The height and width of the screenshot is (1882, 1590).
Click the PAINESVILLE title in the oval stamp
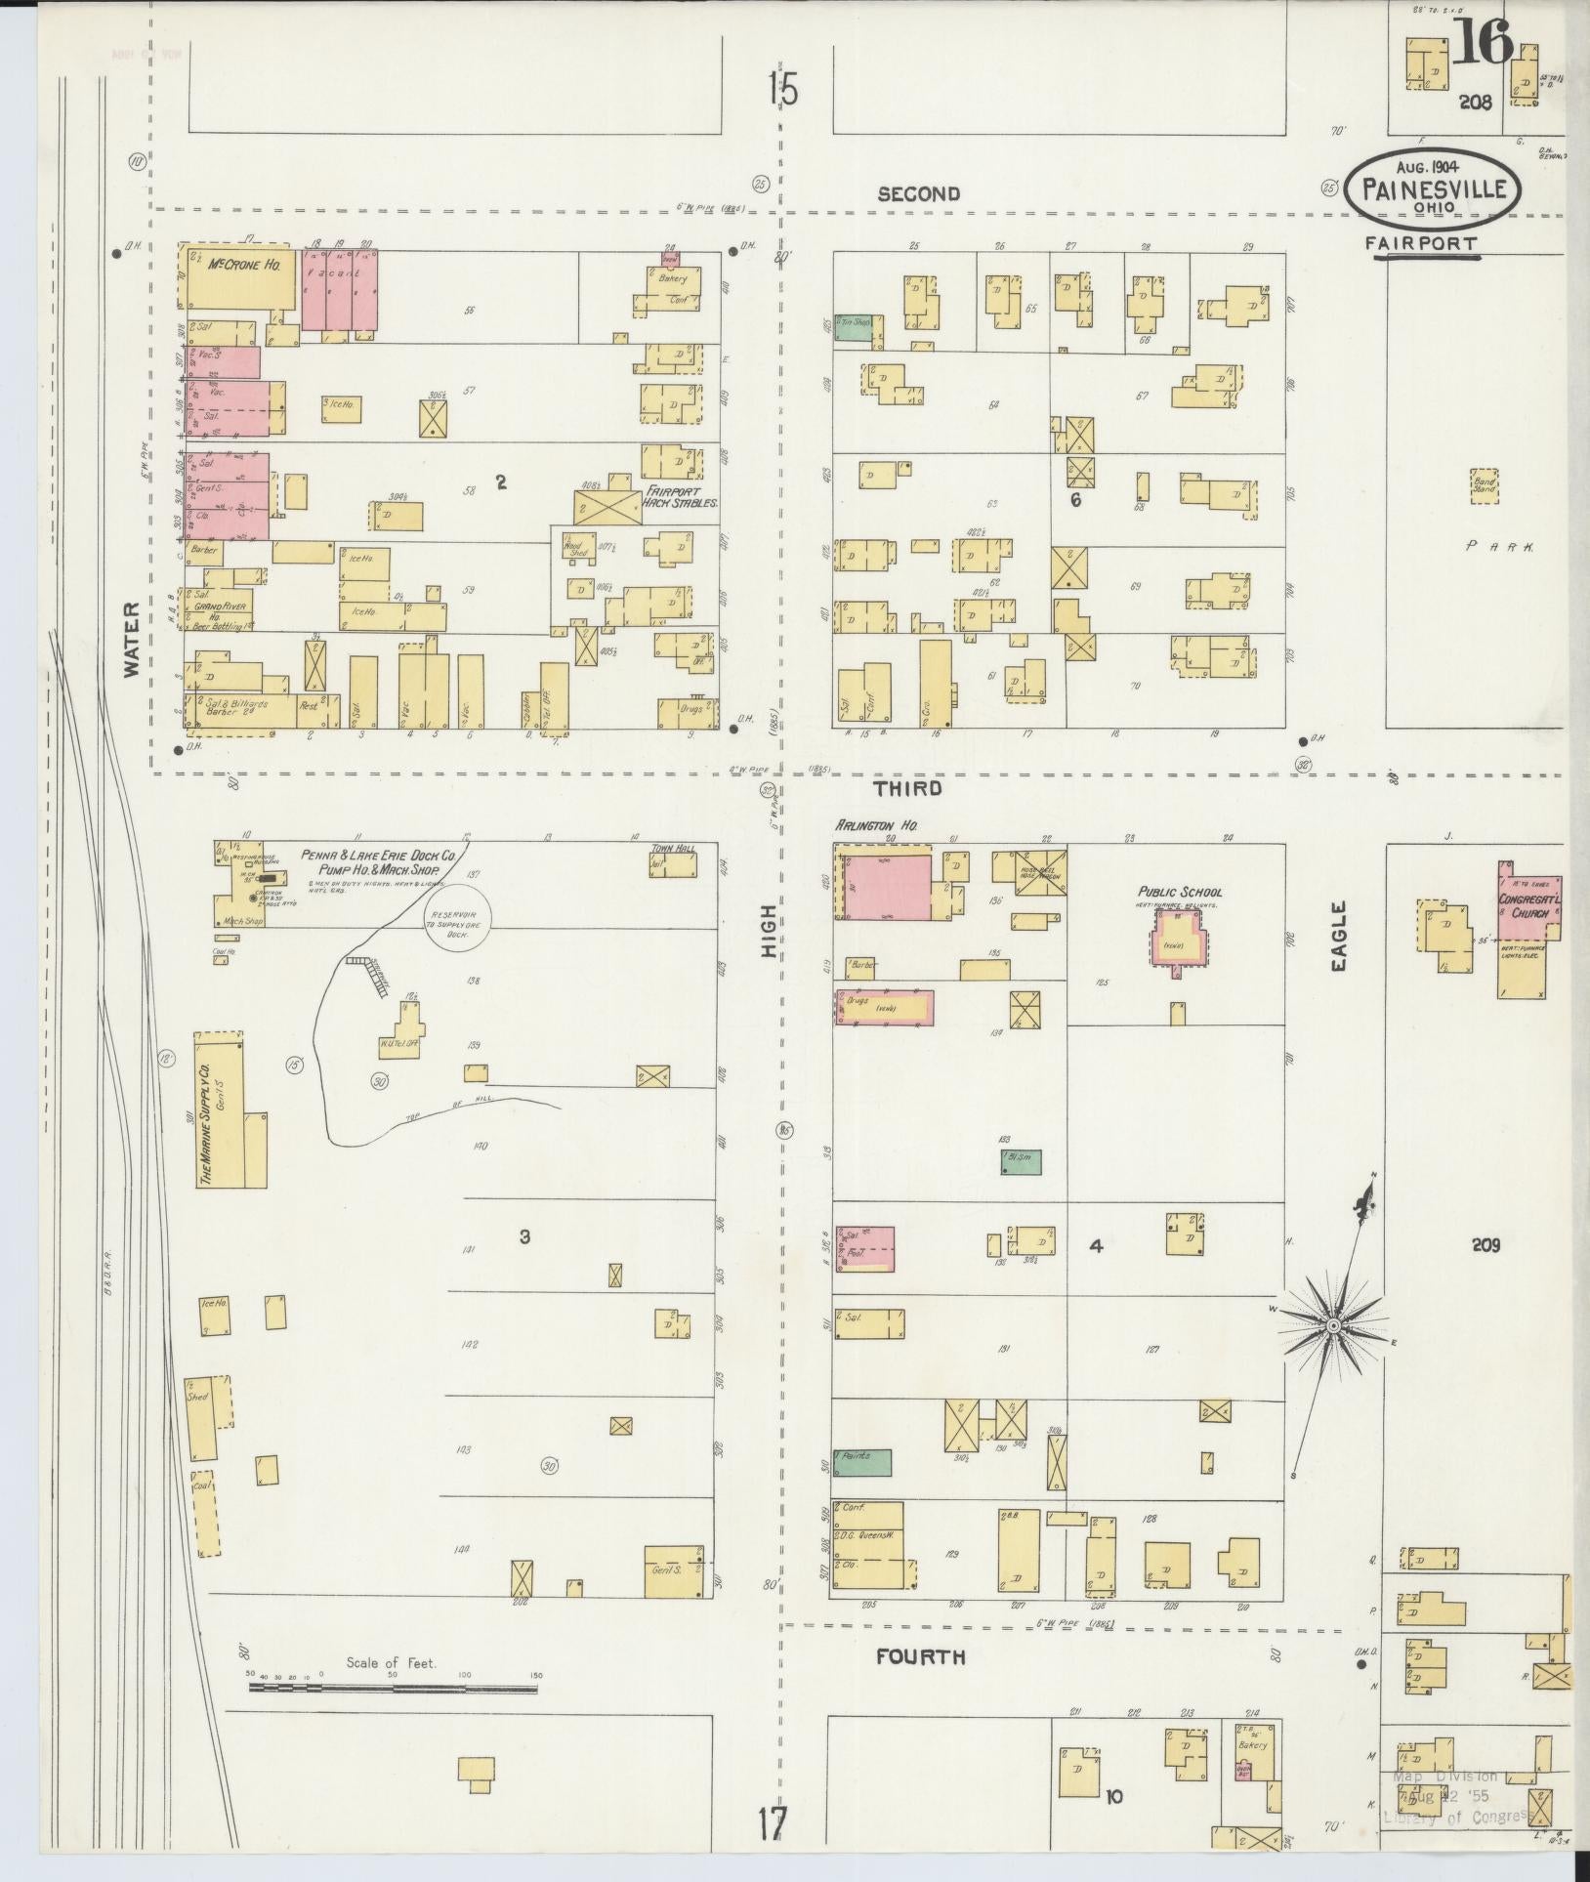1433,188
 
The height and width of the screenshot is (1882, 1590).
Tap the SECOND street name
918,194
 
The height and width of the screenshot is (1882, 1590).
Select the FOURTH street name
920,1656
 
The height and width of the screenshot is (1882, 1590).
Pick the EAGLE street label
1337,936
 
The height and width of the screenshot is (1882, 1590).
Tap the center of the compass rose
1332,1324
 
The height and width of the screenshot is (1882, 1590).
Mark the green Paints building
861,1488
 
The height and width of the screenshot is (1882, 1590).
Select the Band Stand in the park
1485,485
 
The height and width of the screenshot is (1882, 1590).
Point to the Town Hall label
673,848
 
